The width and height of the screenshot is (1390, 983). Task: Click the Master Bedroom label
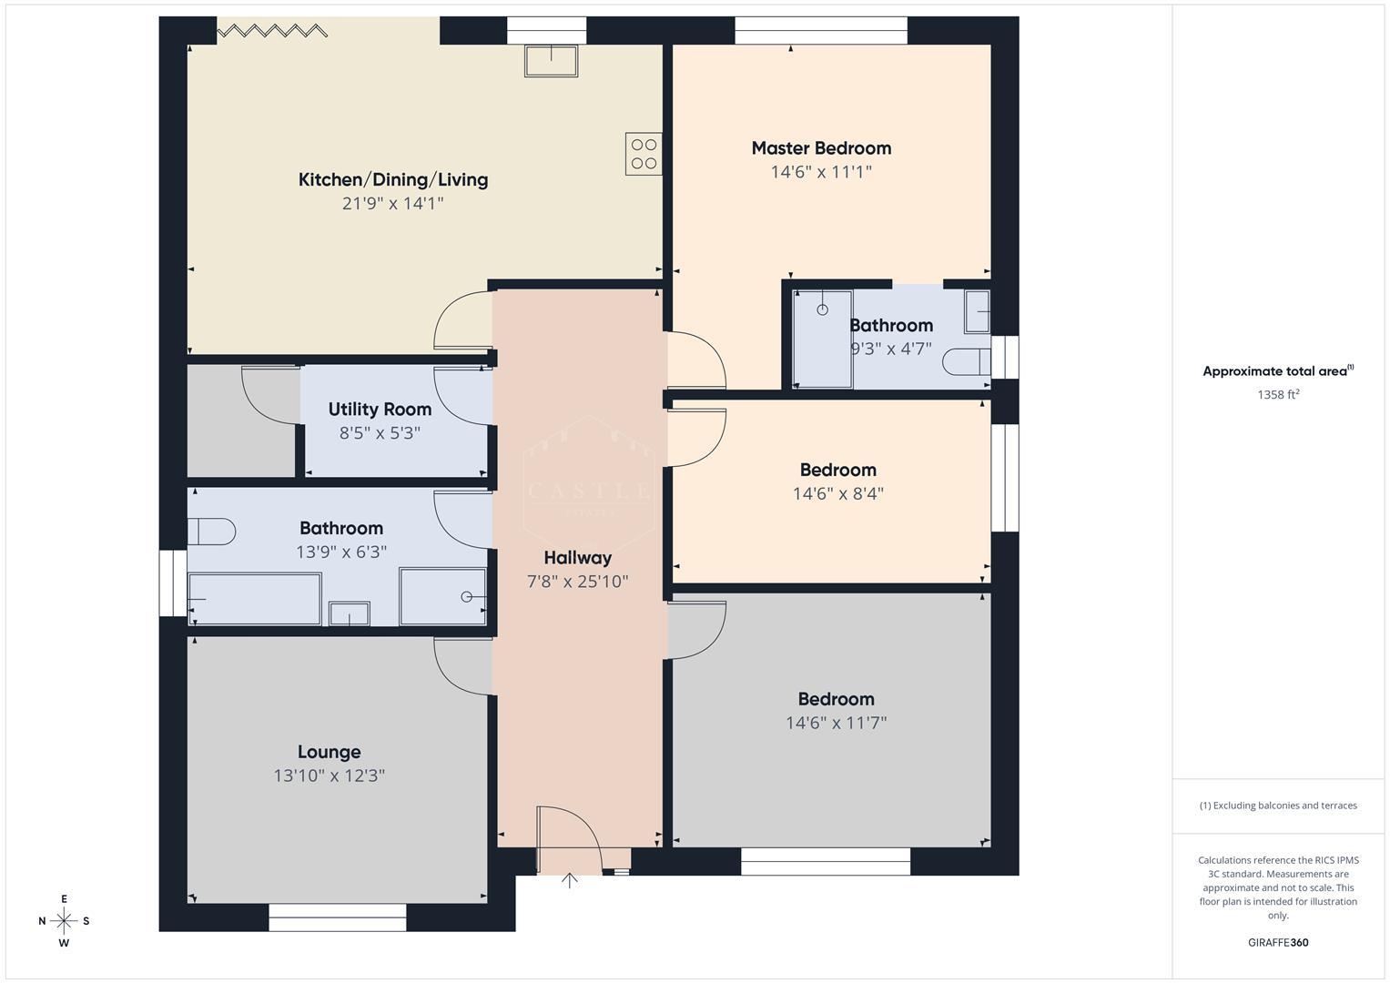(821, 148)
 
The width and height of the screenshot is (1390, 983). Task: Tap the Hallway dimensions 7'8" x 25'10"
(578, 582)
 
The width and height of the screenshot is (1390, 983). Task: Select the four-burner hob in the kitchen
(643, 154)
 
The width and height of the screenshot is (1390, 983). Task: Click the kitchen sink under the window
(551, 61)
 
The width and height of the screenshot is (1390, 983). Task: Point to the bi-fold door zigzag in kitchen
(272, 31)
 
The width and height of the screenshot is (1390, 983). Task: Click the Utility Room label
(380, 410)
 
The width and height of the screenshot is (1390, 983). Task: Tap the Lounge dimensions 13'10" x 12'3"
(329, 775)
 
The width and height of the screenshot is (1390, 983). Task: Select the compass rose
(64, 920)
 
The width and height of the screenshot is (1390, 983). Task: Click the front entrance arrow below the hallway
(569, 880)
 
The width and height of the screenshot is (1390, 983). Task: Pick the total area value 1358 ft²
(1278, 395)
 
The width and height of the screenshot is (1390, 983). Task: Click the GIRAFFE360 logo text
(1278, 942)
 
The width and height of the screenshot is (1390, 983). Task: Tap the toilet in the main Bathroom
(212, 531)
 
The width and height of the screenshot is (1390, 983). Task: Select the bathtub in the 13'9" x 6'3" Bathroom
(255, 599)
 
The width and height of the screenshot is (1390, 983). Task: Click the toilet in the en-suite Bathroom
(966, 362)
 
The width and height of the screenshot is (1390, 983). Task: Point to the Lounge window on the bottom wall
(338, 917)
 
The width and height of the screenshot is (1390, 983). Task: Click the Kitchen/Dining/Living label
(393, 179)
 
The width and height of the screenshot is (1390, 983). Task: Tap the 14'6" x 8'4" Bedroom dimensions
(837, 494)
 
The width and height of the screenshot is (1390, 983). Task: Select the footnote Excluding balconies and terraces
(1278, 806)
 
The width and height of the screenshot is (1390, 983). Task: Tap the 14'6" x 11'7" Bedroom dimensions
(836, 724)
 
